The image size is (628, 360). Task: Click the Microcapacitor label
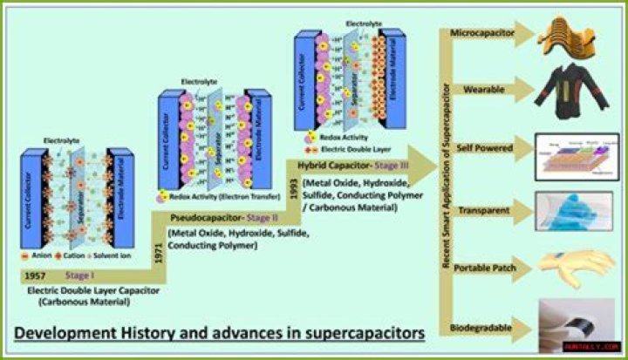click(481, 34)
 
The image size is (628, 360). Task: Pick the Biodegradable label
click(478, 329)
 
